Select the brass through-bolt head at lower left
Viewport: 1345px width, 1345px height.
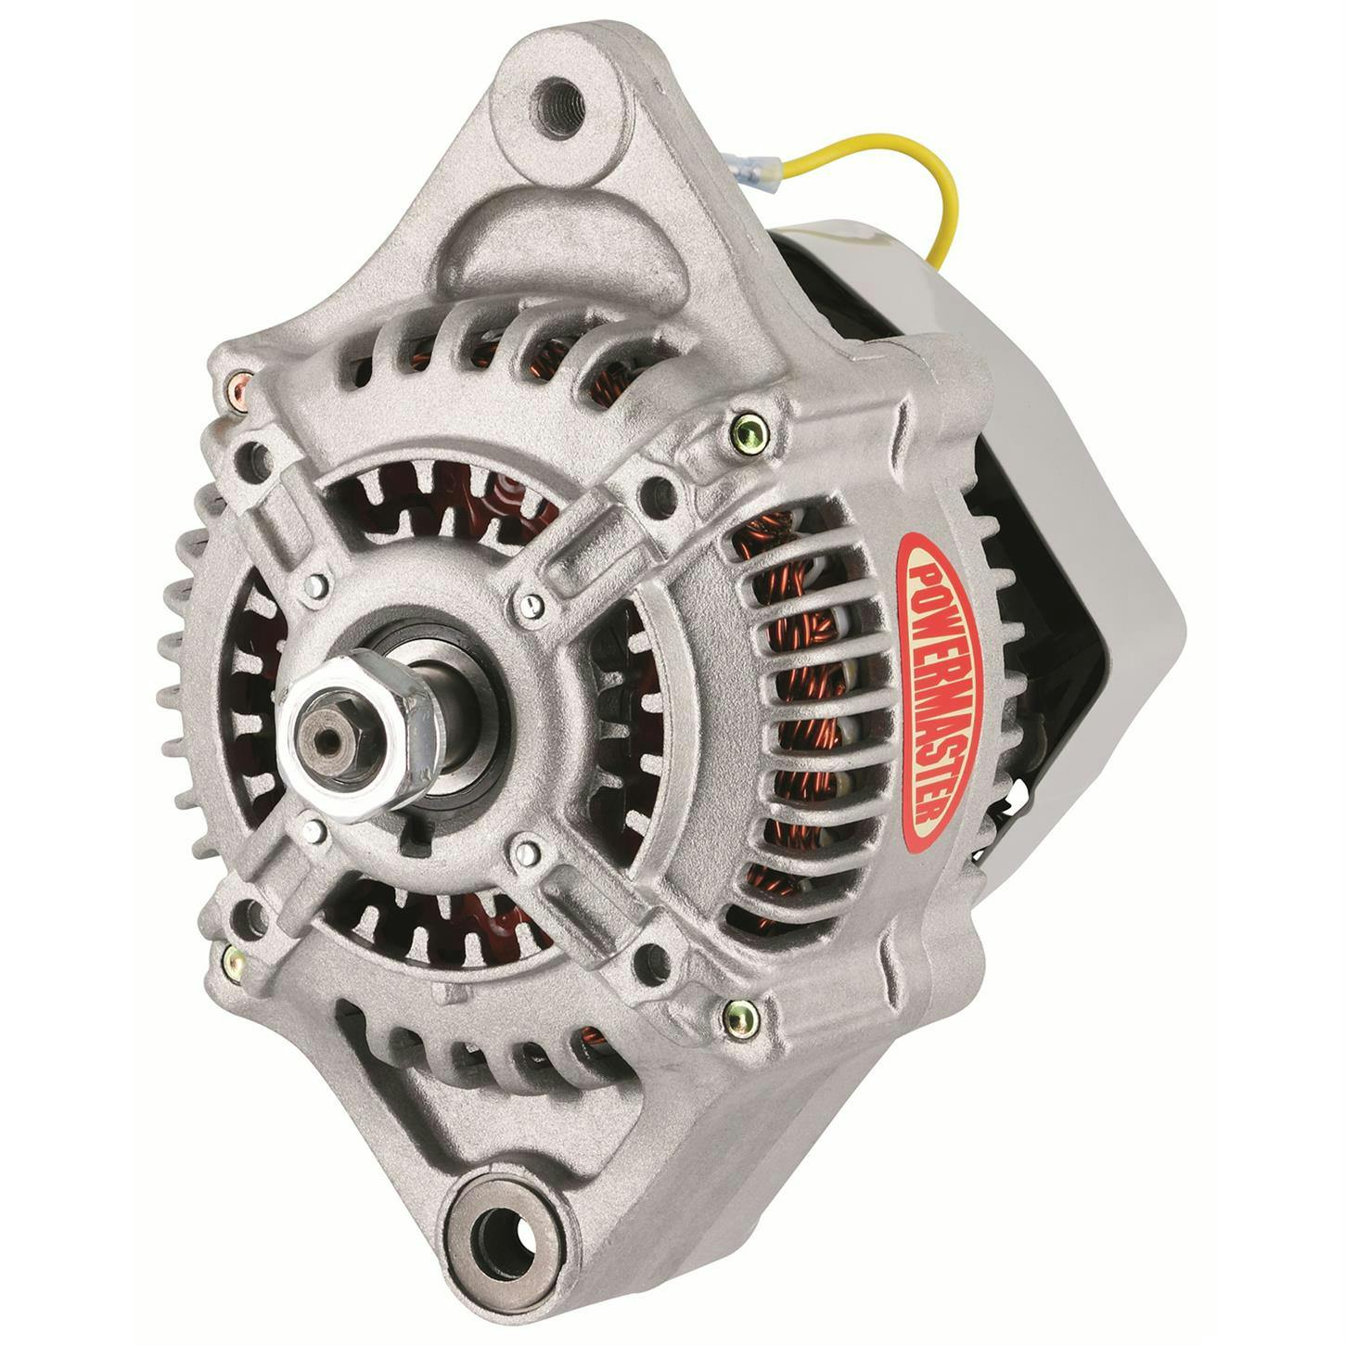(x=230, y=955)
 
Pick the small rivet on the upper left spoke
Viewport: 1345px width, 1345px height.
(x=318, y=585)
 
